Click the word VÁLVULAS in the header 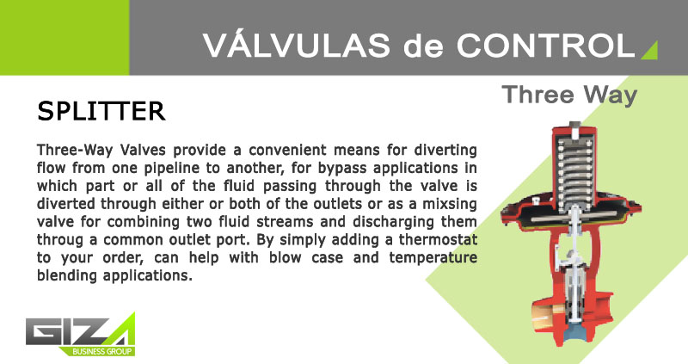pos(297,45)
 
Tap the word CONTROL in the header pos(546,46)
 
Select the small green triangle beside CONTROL pos(650,50)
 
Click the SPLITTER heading pos(101,111)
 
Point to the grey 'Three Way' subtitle pos(569,96)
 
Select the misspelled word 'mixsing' pos(449,205)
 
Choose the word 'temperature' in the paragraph pos(433,258)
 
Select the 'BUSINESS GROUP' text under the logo pos(101,351)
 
